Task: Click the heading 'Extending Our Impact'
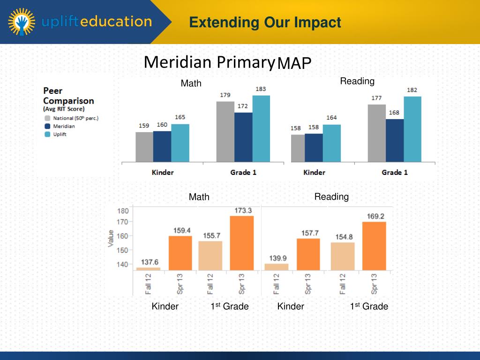pyautogui.click(x=265, y=22)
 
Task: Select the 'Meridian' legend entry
pyautogui.click(x=64, y=126)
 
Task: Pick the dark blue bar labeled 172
pyautogui.click(x=243, y=137)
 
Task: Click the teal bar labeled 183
pyautogui.click(x=261, y=129)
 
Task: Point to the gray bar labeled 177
pyautogui.click(x=376, y=133)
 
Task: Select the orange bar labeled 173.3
pyautogui.click(x=242, y=243)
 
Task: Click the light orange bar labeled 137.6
pyautogui.click(x=148, y=269)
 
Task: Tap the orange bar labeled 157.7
pyautogui.click(x=308, y=254)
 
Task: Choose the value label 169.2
pyautogui.click(x=374, y=216)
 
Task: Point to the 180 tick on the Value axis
pyautogui.click(x=122, y=210)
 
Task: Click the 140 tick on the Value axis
pyautogui.click(x=122, y=264)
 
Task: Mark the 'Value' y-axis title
pyautogui.click(x=111, y=238)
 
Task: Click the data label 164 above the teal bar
pyautogui.click(x=331, y=118)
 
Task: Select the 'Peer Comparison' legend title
pyautogui.click(x=68, y=96)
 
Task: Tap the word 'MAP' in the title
pyautogui.click(x=294, y=63)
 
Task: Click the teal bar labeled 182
pyautogui.click(x=412, y=129)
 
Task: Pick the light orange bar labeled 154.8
pyautogui.click(x=343, y=256)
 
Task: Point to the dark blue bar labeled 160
pyautogui.click(x=162, y=146)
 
